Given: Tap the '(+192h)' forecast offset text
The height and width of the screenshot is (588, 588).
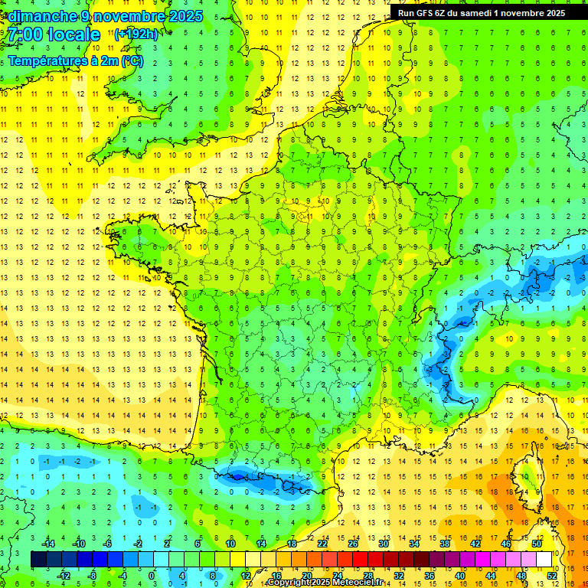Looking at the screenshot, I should tap(136, 34).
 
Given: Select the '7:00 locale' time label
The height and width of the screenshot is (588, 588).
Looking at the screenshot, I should tap(54, 34).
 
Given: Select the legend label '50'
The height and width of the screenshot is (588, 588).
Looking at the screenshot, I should tap(537, 544).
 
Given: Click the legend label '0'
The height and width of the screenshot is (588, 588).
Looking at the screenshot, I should tap(151, 576).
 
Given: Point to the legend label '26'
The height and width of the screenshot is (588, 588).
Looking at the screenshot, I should tap(353, 544).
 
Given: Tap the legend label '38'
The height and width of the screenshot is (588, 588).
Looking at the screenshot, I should tap(445, 544).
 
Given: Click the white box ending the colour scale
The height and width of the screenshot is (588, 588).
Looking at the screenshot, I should tap(544, 560).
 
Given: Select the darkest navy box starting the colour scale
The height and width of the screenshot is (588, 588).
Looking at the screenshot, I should tap(38, 560).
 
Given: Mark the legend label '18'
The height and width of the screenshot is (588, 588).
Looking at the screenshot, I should tap(292, 544).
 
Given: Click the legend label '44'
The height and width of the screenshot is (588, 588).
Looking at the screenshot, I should tap(491, 576).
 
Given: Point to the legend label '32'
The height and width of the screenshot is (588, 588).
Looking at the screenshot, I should tap(399, 576).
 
